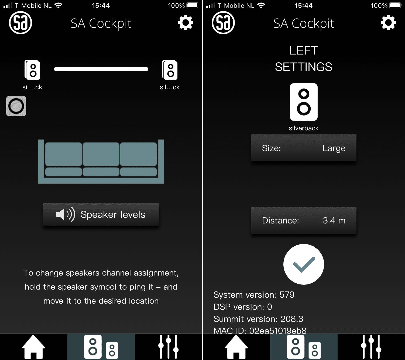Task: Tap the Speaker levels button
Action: (x=101, y=215)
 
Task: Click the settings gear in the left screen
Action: (x=186, y=23)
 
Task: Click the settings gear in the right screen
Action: (x=388, y=23)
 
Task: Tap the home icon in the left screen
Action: (x=33, y=347)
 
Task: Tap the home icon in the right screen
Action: (x=236, y=347)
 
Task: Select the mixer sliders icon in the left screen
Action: (x=168, y=347)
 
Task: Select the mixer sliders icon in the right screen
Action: (x=371, y=347)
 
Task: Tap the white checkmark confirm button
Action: (x=304, y=264)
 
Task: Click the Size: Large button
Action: (x=304, y=148)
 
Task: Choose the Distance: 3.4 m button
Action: (x=304, y=220)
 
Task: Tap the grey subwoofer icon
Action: (x=16, y=106)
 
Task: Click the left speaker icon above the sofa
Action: (x=32, y=70)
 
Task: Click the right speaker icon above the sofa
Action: (x=170, y=70)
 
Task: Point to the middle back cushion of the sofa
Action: (x=101, y=154)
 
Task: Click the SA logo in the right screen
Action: (x=223, y=23)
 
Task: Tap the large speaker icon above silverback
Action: (x=304, y=102)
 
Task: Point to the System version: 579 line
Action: (x=254, y=295)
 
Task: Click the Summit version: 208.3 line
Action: (x=258, y=319)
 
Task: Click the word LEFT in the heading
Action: (x=304, y=50)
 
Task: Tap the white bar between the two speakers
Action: (x=101, y=69)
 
